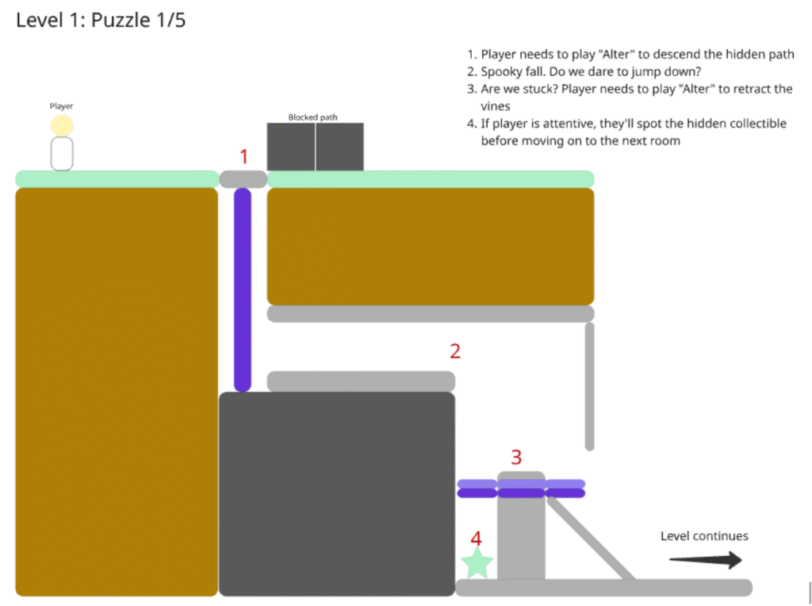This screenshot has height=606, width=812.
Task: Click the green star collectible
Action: (477, 563)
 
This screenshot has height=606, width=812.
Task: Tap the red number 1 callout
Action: (244, 156)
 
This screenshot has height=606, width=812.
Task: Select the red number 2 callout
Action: (455, 351)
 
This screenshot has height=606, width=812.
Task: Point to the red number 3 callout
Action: (516, 458)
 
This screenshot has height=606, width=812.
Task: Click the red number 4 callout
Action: (476, 539)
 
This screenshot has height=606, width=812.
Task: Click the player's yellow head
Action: (62, 126)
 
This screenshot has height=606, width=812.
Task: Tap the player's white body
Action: (62, 154)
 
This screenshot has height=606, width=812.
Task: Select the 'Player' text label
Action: (62, 106)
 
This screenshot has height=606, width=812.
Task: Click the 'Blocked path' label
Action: (312, 117)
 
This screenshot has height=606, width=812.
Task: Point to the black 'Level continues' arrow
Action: (705, 560)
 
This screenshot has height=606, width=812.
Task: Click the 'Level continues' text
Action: (704, 536)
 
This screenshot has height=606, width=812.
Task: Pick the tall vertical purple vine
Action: (243, 290)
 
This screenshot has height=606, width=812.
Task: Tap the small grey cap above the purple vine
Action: (243, 179)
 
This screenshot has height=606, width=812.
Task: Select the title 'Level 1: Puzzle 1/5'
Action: (101, 20)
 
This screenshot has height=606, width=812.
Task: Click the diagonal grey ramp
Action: (591, 538)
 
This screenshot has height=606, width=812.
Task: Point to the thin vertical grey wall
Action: (589, 386)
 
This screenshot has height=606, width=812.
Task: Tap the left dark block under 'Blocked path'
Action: (291, 147)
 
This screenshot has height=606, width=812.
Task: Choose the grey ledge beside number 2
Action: (361, 382)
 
